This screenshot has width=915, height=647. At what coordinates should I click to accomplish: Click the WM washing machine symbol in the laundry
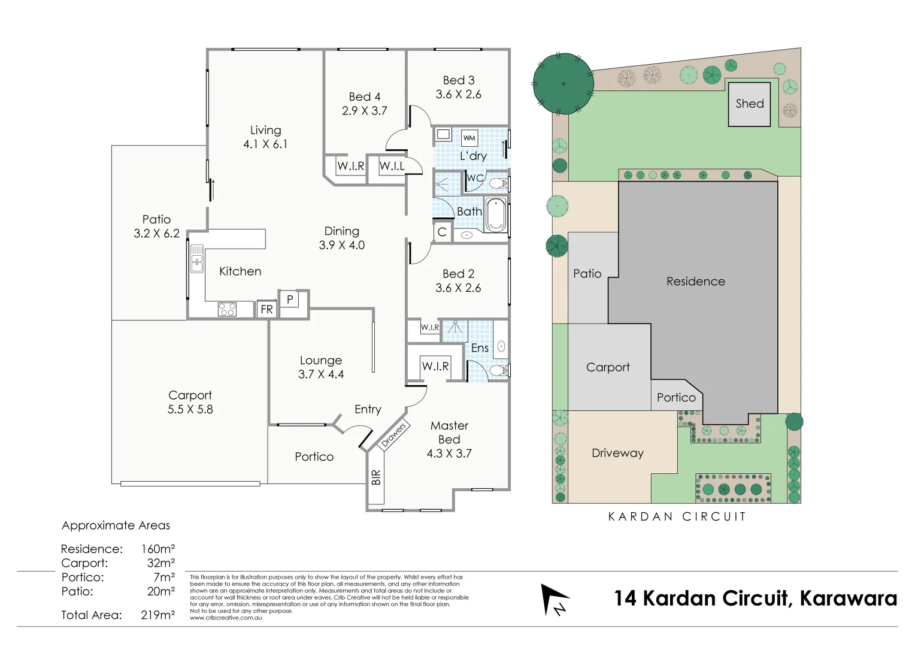click(x=469, y=138)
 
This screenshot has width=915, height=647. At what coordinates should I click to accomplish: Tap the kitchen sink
click(x=197, y=258)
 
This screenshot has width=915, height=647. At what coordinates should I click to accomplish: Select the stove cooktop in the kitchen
click(x=227, y=309)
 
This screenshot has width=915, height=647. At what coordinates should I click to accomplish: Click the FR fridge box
click(x=266, y=309)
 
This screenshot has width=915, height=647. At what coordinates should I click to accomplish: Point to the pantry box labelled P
click(x=290, y=299)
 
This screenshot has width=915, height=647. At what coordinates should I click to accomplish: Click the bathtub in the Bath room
click(x=496, y=214)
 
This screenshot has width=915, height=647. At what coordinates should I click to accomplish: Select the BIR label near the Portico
click(x=375, y=477)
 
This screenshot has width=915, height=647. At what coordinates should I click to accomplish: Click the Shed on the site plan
click(x=749, y=104)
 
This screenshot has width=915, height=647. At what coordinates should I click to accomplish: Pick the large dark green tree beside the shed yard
click(x=563, y=84)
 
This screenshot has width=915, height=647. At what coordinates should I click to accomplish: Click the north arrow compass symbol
click(x=555, y=600)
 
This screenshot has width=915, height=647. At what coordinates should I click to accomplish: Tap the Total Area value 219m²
click(x=158, y=615)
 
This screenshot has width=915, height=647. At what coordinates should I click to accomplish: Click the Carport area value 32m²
click(x=161, y=563)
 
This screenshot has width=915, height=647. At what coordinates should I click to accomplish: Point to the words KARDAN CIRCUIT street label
click(x=677, y=516)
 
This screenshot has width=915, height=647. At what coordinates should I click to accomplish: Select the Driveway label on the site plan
click(x=617, y=453)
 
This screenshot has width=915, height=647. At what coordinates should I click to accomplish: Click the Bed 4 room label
click(x=365, y=97)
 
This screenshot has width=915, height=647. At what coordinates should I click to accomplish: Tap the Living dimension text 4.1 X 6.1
click(x=265, y=144)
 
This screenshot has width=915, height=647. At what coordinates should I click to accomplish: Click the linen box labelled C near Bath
click(x=442, y=232)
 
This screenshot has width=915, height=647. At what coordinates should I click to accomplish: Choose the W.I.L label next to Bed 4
click(x=392, y=166)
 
